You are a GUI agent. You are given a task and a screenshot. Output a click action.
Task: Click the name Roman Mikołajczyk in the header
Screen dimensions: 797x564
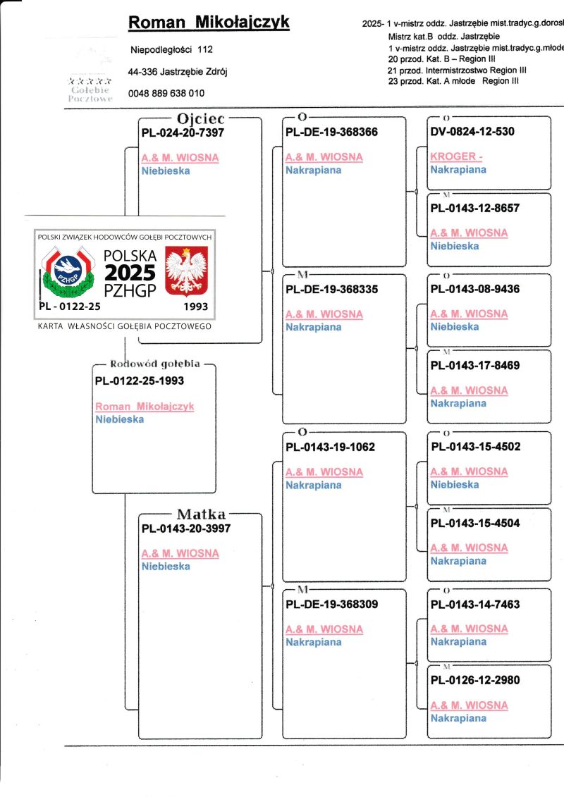[208, 23]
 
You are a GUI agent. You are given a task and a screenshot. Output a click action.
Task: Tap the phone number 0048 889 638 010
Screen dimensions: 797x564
[166, 93]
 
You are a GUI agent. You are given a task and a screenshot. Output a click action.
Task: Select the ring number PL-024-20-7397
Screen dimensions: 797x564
[183, 132]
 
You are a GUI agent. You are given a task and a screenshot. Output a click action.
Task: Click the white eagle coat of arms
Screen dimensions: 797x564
[186, 271]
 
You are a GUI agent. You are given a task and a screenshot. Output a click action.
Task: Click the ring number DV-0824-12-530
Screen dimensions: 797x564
[472, 132]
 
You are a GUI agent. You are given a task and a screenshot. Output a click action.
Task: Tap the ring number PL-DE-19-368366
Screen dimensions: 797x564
[331, 132]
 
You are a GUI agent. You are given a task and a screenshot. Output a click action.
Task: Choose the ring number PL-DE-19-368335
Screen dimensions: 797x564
[331, 289]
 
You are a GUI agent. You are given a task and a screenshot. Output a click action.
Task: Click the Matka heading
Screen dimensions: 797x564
[201, 514]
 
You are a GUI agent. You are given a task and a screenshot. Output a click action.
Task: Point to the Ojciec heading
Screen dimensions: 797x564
[201, 119]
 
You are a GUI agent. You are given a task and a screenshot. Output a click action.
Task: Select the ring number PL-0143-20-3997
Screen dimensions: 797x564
[186, 528]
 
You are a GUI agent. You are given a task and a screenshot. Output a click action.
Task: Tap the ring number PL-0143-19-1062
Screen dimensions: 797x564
[330, 447]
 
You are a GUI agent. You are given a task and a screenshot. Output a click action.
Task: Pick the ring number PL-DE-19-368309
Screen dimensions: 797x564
[331, 604]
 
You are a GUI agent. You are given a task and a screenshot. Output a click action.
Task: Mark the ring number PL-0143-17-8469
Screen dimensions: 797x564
[475, 365]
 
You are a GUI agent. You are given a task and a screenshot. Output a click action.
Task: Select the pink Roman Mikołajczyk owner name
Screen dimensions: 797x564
[145, 407]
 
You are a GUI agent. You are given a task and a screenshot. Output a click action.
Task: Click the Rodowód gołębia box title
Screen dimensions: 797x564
[155, 364]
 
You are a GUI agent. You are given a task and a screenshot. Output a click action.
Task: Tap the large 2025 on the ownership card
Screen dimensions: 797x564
[130, 273]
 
